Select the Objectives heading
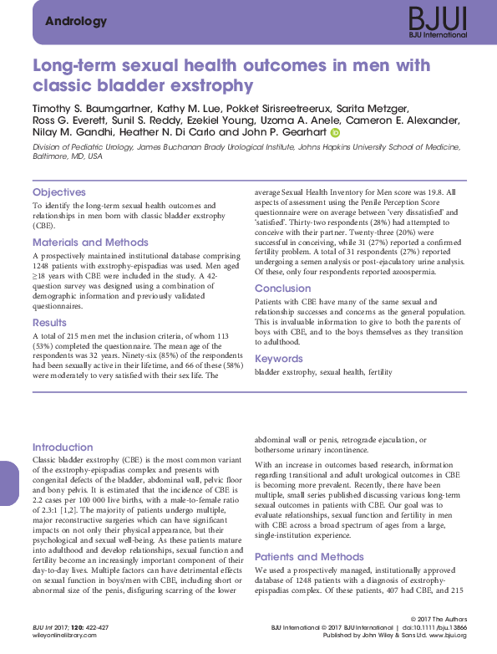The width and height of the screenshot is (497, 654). click(x=58, y=192)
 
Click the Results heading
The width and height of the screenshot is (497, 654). click(x=49, y=323)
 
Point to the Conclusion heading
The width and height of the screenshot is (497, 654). click(x=282, y=289)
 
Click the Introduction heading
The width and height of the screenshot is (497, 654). click(x=63, y=447)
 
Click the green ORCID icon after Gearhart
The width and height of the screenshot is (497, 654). click(x=336, y=132)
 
